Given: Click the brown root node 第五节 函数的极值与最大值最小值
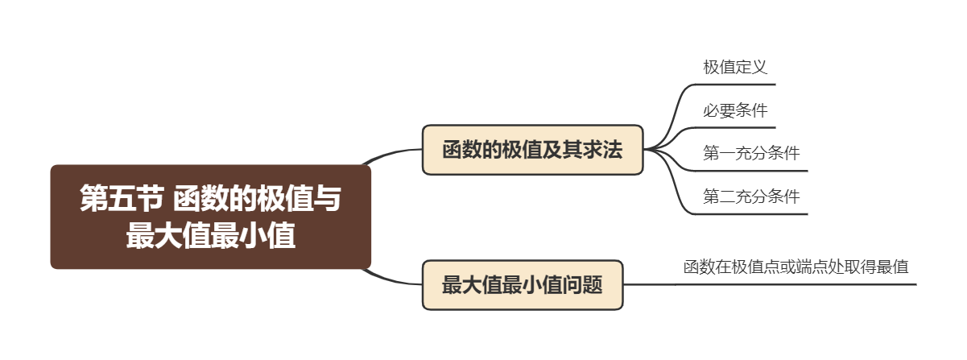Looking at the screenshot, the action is click(210, 217).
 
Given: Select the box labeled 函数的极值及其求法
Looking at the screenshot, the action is click(532, 150).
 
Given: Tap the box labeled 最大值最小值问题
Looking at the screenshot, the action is click(523, 284).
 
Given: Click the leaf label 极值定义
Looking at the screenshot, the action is click(734, 68).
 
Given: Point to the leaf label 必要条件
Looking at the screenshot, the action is click(734, 111).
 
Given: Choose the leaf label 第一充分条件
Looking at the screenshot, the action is click(750, 154).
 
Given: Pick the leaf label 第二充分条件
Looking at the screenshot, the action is click(750, 197).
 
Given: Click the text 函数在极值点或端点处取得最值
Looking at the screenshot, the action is click(796, 267).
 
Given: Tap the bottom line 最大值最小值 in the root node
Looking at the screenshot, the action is click(210, 237).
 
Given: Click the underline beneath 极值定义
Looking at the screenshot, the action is click(737, 84).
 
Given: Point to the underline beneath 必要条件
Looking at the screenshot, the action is click(737, 127).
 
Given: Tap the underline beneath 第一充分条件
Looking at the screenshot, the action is click(753, 171).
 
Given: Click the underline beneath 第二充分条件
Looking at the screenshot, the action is click(753, 214).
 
